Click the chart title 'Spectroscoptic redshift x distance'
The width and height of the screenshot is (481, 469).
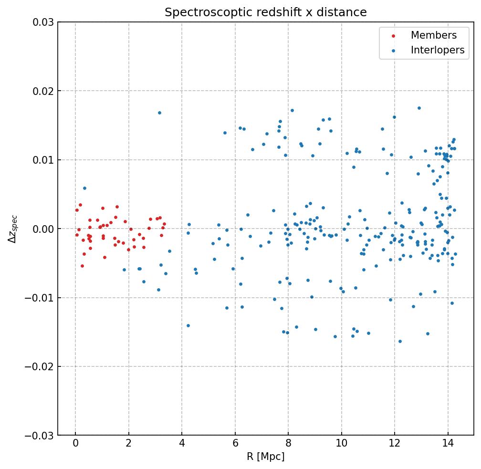tap(265, 12)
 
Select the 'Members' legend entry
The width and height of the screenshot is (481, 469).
tap(433, 35)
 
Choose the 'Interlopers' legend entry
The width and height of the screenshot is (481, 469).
tap(437, 50)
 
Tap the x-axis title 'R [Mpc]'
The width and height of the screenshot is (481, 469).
tap(265, 457)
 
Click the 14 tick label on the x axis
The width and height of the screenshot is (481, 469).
tap(448, 444)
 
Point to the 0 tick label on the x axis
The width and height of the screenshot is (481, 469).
tap(75, 444)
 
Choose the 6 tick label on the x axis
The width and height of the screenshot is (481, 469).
tap(235, 444)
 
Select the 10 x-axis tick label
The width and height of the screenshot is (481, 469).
tap(341, 444)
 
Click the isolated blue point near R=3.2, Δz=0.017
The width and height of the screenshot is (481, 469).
tap(159, 113)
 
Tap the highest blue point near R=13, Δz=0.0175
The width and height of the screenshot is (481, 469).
tap(419, 108)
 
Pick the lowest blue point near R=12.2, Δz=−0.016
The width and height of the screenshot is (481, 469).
tap(400, 341)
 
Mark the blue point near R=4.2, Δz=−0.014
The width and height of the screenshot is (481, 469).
tap(188, 325)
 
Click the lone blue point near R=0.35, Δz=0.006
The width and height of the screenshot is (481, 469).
tap(84, 188)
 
